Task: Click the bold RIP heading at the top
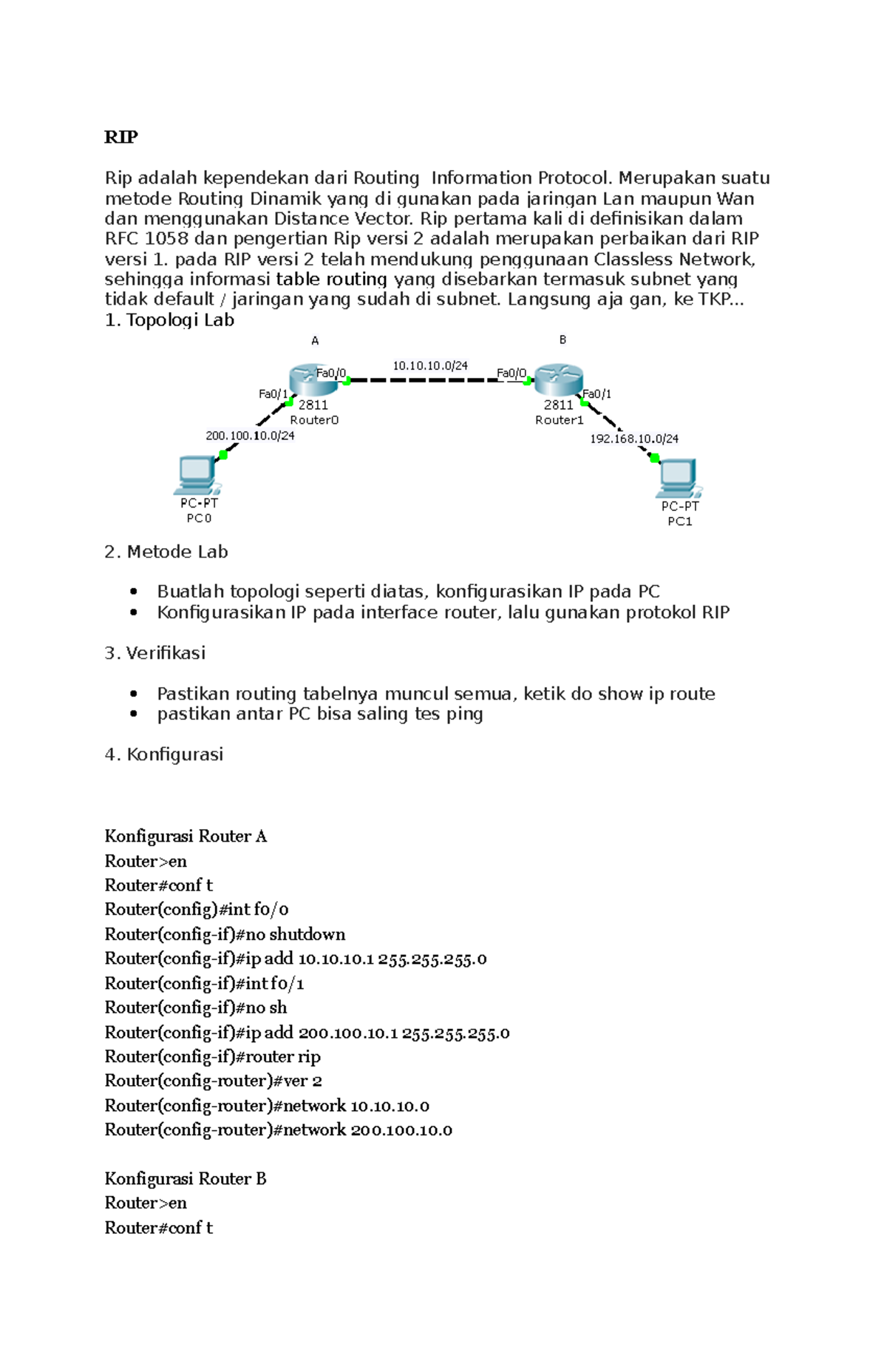tap(120, 137)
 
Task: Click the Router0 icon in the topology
tap(313, 379)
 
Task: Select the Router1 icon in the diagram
tap(558, 379)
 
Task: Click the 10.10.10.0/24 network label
tap(430, 365)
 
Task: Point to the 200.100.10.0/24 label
tap(250, 436)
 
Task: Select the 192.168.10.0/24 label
tap(634, 439)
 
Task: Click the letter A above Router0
tap(315, 341)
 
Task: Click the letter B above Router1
tap(563, 340)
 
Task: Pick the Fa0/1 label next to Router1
tap(597, 394)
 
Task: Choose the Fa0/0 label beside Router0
tap(331, 373)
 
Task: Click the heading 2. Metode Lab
tap(166, 552)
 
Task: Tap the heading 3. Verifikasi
tap(155, 653)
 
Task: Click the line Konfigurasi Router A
tap(186, 836)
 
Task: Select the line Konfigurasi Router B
tap(186, 1178)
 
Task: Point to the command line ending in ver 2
tap(213, 1081)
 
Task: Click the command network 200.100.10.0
tap(278, 1129)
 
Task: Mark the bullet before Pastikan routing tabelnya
tap(134, 694)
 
